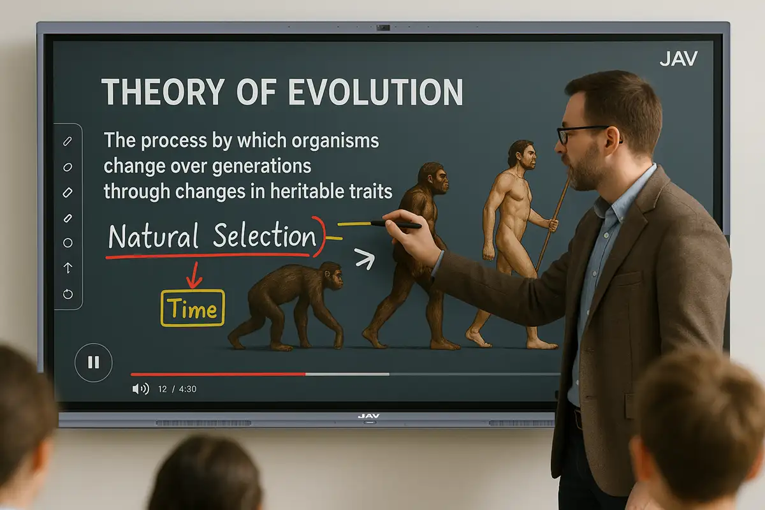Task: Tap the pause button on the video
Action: coord(94,363)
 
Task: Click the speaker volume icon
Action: coord(140,388)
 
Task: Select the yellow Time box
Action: coord(193,309)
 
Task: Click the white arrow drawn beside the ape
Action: coord(365,258)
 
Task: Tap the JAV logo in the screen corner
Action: coord(678,59)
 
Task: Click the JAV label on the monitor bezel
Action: coord(368,416)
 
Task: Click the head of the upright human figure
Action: coord(521,154)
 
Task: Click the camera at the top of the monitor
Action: coord(382,28)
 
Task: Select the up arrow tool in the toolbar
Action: coord(68,268)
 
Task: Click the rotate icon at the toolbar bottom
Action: coord(68,293)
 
